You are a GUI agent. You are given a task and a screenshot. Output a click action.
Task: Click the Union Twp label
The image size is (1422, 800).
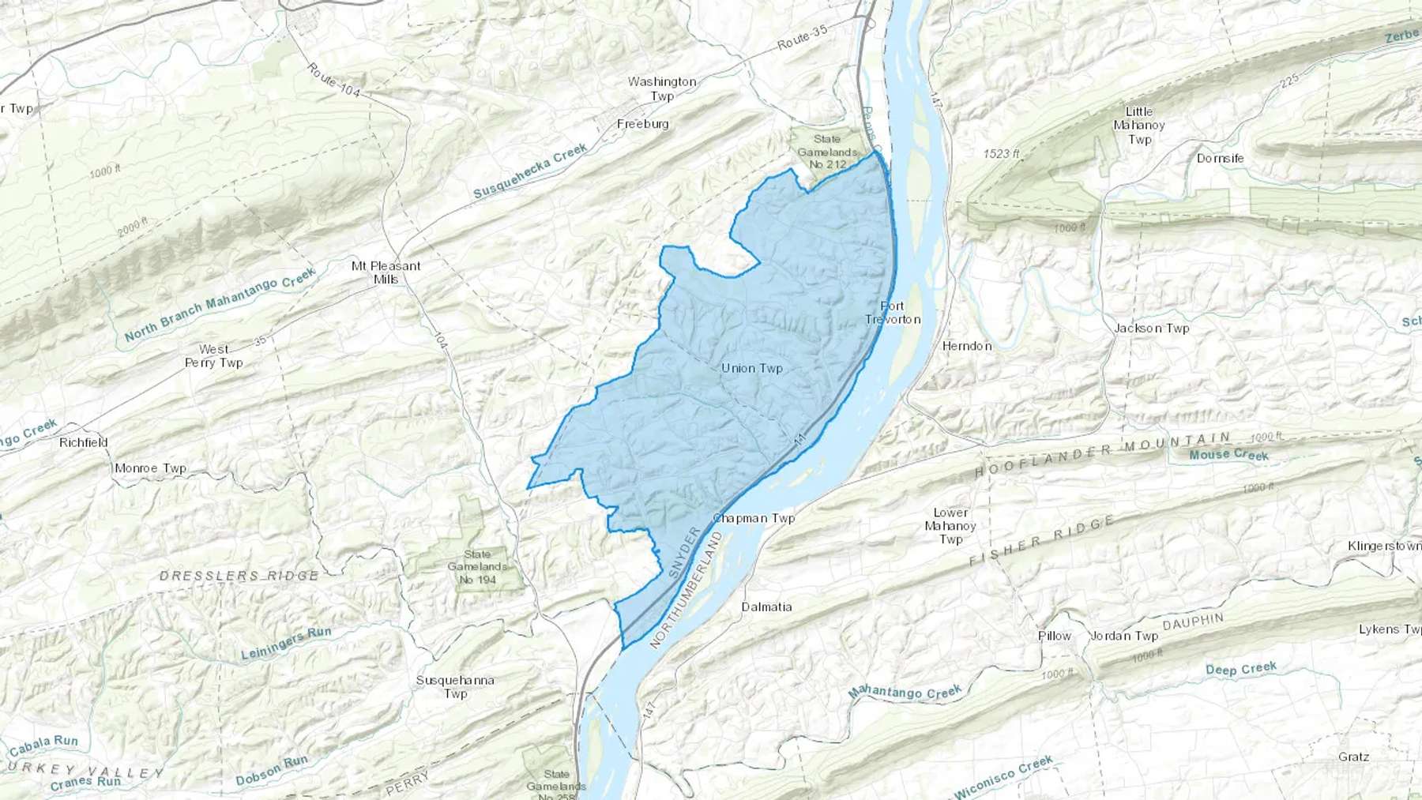[751, 368]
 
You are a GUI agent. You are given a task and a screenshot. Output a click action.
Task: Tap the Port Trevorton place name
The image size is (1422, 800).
[893, 313]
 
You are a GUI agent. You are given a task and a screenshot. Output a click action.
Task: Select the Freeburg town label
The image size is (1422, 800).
[642, 124]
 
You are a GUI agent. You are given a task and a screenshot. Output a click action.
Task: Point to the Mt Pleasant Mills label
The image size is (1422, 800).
[386, 272]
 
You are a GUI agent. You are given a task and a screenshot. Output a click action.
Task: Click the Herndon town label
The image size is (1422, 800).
[966, 346]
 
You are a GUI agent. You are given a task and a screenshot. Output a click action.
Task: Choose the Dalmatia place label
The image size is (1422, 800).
[766, 607]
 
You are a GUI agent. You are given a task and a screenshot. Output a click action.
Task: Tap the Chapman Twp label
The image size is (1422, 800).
[754, 519]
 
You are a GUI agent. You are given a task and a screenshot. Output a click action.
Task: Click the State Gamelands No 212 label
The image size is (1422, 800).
[827, 152]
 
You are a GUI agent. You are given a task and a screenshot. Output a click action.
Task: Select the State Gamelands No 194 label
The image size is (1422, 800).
[477, 567]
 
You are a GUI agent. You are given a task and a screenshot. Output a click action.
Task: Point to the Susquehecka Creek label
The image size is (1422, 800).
[530, 171]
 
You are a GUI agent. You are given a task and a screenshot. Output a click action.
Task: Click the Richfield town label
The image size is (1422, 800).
[83, 442]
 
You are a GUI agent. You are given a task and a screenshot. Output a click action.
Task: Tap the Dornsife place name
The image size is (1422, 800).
[1220, 159]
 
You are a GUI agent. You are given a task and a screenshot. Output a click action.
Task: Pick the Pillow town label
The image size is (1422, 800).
[1054, 636]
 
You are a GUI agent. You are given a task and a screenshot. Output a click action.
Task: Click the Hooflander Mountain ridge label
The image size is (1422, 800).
[1102, 454]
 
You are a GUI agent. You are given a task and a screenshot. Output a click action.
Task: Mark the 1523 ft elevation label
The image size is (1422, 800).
[1001, 154]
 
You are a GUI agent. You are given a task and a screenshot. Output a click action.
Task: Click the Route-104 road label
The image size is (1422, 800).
[333, 81]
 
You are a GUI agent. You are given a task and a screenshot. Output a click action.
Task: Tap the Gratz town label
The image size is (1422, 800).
[1353, 757]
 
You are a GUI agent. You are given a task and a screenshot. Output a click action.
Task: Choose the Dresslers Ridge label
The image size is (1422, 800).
[239, 576]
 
